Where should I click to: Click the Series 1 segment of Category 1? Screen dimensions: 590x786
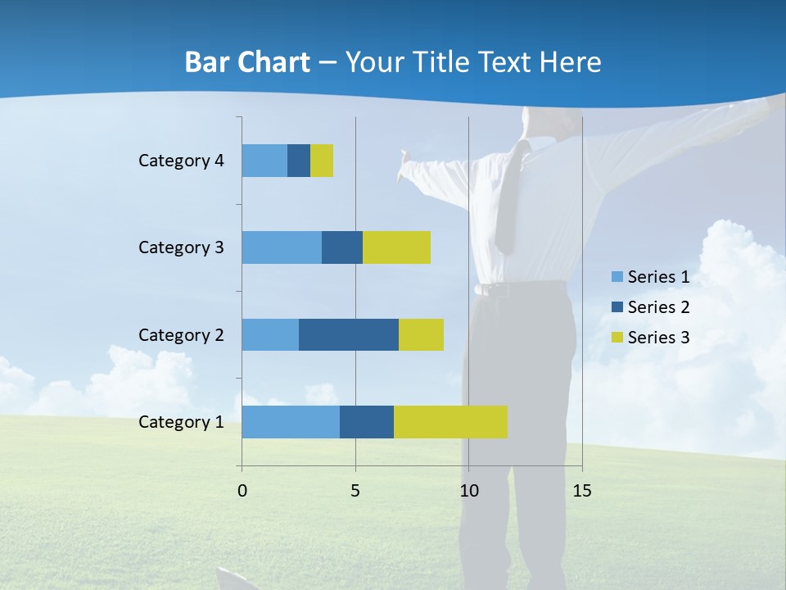coord(291,422)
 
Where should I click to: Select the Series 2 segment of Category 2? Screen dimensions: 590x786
coord(349,334)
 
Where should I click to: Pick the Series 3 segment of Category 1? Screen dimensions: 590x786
coord(450,422)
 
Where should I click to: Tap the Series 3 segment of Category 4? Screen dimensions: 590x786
coord(322,161)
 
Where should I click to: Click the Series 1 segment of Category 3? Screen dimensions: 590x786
coord(282,247)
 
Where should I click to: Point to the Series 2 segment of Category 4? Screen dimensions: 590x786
coord(299,161)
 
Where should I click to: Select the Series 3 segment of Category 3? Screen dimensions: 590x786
coord(396,247)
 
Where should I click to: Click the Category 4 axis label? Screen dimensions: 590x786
coord(181,161)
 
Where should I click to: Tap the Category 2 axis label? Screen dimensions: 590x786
coord(181,334)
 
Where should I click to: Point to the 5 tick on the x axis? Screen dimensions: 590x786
coord(355,491)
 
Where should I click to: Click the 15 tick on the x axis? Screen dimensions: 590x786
coord(581,491)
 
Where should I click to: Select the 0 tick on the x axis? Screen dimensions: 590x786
coord(242,491)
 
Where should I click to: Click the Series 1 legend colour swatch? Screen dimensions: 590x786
coord(617,277)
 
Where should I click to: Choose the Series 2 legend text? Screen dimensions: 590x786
coord(658,307)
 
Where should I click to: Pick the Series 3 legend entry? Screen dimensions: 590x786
coord(651,338)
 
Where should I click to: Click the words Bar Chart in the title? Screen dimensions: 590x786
coord(247,62)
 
